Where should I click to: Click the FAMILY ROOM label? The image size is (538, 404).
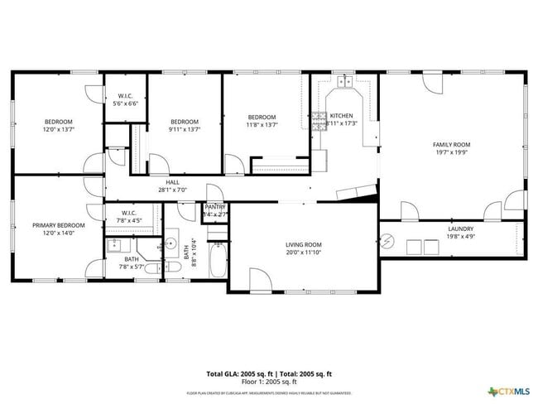tap(451, 144)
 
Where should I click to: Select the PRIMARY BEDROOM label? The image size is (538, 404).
tap(59, 225)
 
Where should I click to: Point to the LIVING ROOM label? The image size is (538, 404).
tap(304, 245)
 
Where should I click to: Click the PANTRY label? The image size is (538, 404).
tap(215, 207)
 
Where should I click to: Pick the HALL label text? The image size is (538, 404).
tap(172, 182)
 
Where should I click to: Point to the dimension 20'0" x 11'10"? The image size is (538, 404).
tap(304, 252)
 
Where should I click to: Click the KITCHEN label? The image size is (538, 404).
tap(341, 116)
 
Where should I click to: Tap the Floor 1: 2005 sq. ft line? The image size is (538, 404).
tap(269, 382)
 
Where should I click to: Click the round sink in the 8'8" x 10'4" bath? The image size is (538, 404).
tap(171, 244)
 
